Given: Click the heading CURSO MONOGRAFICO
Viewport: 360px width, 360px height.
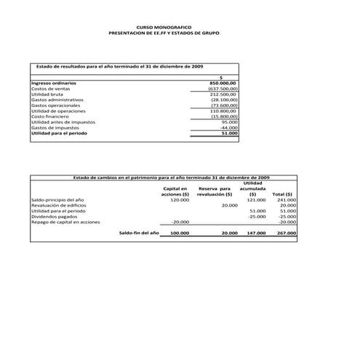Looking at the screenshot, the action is click(x=163, y=28).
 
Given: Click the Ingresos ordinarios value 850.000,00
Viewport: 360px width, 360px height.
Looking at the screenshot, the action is click(x=223, y=83).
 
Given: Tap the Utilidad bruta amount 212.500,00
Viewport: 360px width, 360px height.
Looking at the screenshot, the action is click(x=223, y=94).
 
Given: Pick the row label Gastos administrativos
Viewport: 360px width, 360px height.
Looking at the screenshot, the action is click(x=58, y=100).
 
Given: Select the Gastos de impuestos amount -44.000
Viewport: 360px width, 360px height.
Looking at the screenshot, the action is click(x=228, y=128).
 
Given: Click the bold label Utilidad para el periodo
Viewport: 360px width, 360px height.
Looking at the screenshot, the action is click(x=63, y=133).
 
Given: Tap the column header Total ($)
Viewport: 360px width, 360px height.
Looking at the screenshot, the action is click(x=282, y=194).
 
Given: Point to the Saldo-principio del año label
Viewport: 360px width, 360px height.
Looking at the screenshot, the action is click(x=57, y=200).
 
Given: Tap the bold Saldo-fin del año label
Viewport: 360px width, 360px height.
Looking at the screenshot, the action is click(x=138, y=233).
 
